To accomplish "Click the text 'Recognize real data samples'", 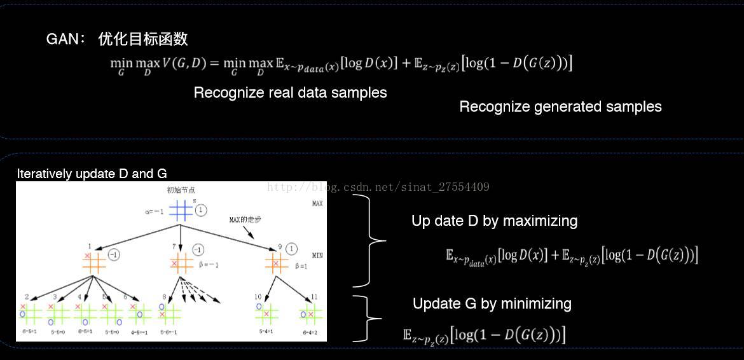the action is point(290,93).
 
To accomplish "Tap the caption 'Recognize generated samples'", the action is point(560,107).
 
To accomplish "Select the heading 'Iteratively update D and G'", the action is point(92,174).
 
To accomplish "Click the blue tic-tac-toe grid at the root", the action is point(181,211).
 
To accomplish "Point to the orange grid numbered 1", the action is point(93,261).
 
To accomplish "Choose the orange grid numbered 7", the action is point(181,261).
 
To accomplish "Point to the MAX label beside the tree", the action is point(317,204).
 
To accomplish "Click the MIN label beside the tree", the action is point(317,255).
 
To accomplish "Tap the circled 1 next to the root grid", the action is point(201,210).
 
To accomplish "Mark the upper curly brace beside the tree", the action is point(370,240).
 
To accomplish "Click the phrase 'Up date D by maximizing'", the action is point(494,221).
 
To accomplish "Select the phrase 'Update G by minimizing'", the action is point(492,304).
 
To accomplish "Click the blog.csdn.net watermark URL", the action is point(378,187).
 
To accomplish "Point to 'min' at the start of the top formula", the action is point(121,63).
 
